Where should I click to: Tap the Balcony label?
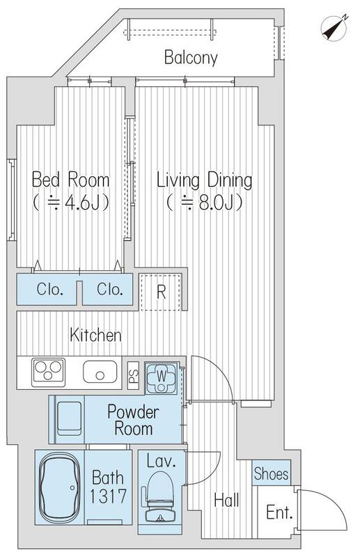click(191, 58)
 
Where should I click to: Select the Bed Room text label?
click(71, 180)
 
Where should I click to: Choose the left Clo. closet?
click(47, 290)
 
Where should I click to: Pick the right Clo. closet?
click(108, 290)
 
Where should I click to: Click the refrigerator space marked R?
click(161, 292)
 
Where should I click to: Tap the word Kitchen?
click(95, 335)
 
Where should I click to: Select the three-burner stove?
click(48, 372)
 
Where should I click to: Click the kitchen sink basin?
click(100, 372)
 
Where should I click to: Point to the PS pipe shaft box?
click(134, 375)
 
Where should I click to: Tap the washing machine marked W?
click(162, 377)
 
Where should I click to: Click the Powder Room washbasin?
click(70, 418)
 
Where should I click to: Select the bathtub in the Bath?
click(59, 487)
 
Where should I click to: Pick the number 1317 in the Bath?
click(108, 496)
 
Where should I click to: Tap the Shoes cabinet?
click(271, 473)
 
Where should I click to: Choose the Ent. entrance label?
click(279, 512)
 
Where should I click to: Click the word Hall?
click(226, 500)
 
